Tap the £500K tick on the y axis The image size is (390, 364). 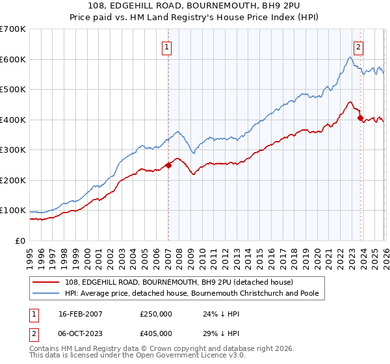point(13,90)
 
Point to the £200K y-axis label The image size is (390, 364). point(13,181)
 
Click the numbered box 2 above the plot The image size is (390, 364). point(358,47)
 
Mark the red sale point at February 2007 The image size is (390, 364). point(168,165)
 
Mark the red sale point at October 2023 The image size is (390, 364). point(360,118)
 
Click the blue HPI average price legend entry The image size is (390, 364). point(192,293)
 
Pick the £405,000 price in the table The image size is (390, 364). point(155,333)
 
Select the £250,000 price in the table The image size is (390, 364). point(155,313)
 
